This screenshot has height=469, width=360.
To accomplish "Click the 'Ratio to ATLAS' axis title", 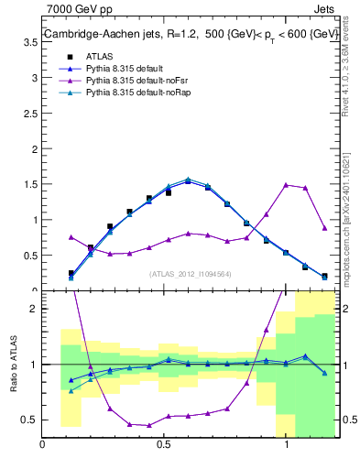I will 13,364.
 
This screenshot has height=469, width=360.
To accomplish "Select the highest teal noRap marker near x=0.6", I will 188,180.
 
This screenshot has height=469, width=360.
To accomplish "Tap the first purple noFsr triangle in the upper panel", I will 71,236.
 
